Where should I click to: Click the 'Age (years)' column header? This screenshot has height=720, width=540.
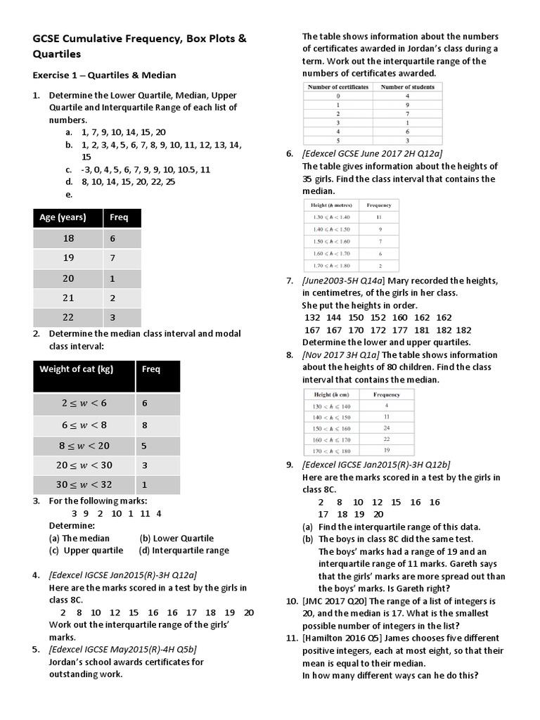point(63,217)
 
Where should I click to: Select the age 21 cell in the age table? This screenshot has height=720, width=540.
point(68,297)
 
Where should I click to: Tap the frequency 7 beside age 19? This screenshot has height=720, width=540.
point(115,258)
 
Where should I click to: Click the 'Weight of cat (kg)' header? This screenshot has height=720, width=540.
point(76,369)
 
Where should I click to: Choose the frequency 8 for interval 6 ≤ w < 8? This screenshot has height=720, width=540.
point(145,424)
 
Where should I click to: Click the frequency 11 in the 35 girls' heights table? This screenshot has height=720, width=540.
point(379,217)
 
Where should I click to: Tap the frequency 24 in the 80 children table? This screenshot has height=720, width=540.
point(386,427)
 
